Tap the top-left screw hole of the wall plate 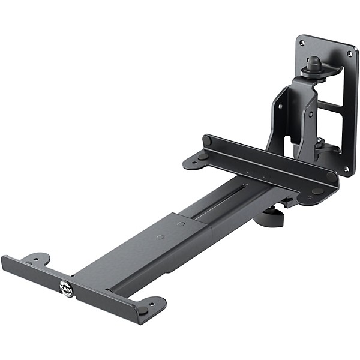coord(302,43)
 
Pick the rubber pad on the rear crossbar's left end coord(207,141)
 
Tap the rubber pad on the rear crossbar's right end coord(331,178)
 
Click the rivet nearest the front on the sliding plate coord(160,236)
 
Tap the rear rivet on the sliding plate coord(181,224)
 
